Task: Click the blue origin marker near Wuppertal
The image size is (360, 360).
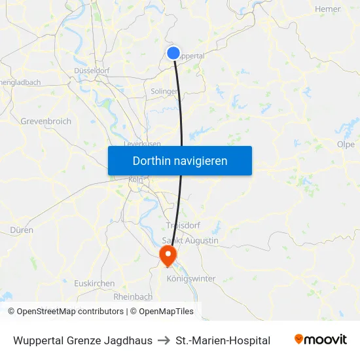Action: pyautogui.click(x=173, y=53)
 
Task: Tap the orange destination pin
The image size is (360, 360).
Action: pyautogui.click(x=168, y=254)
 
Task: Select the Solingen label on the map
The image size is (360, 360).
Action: pyautogui.click(x=164, y=92)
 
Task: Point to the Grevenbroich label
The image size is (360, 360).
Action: pyautogui.click(x=46, y=122)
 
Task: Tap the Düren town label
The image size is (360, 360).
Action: pyautogui.click(x=22, y=230)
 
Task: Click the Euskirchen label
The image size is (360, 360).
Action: pyautogui.click(x=94, y=283)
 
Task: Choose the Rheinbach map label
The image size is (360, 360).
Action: pyautogui.click(x=133, y=297)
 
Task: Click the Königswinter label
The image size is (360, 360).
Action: pyautogui.click(x=191, y=278)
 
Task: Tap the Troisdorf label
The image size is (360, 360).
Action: pyautogui.click(x=183, y=225)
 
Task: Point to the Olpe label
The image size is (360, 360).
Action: pyautogui.click(x=345, y=145)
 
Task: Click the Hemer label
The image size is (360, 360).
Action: pyautogui.click(x=327, y=9)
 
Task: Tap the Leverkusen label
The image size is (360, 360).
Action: pyautogui.click(x=143, y=143)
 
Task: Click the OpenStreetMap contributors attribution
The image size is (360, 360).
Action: pyautogui.click(x=70, y=312)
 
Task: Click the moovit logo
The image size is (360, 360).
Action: pyautogui.click(x=320, y=340)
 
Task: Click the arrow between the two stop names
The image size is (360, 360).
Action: pyautogui.click(x=164, y=340)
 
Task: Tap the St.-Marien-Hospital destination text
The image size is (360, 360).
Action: pyautogui.click(x=223, y=340)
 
